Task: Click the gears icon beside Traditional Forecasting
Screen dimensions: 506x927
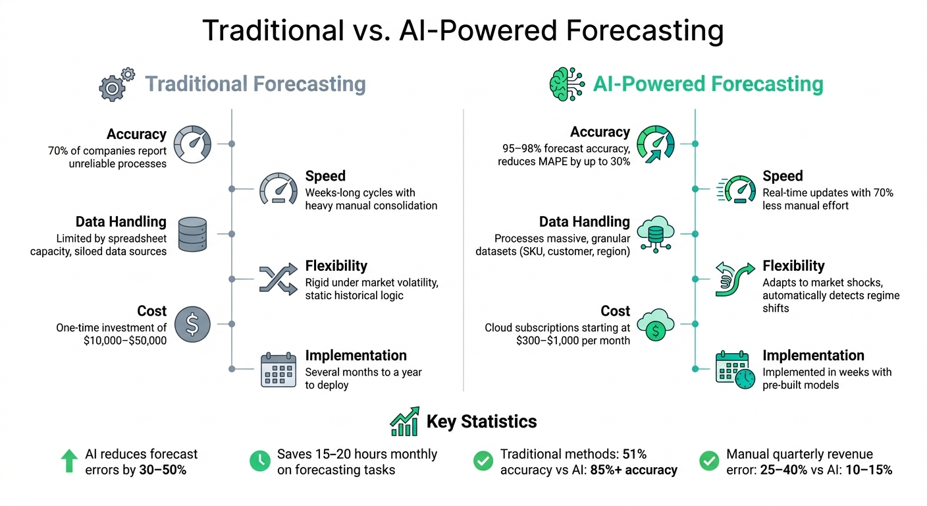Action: point(117,84)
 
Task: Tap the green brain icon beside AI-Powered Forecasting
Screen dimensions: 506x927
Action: point(566,84)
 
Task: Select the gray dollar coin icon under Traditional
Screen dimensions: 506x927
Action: point(192,324)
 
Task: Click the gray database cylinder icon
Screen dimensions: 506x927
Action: point(192,233)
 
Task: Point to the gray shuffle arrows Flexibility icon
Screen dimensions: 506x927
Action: point(277,279)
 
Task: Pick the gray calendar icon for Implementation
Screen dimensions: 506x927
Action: point(277,369)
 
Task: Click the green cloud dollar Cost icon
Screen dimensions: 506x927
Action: point(655,324)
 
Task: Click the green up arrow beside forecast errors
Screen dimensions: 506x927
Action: point(69,461)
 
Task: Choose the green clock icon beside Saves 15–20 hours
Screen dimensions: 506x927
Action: point(260,461)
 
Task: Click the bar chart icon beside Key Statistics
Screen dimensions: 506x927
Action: point(405,421)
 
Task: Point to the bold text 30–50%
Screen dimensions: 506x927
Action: point(163,470)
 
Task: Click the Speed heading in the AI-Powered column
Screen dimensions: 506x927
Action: point(782,176)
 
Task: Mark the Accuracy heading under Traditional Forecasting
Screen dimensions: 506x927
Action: point(136,134)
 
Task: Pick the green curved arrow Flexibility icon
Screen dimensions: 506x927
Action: point(735,279)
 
